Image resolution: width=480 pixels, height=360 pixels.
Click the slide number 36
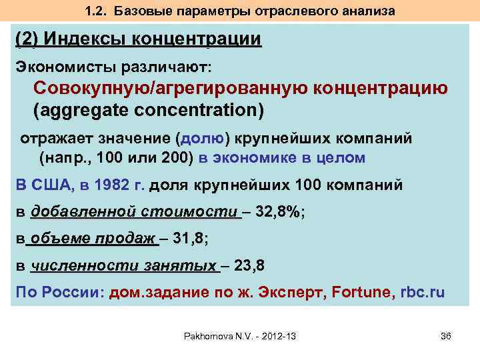446,335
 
